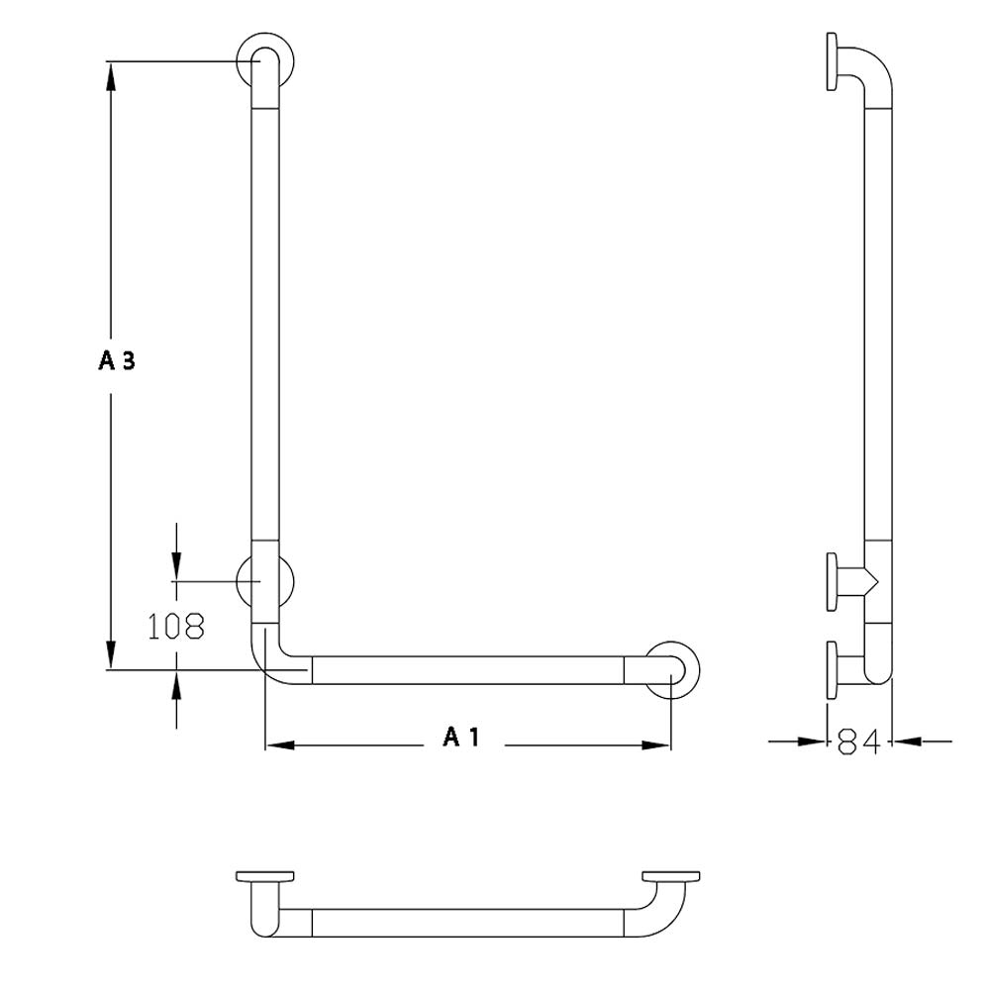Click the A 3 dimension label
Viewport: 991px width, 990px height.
click(116, 361)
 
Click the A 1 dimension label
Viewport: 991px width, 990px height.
click(460, 737)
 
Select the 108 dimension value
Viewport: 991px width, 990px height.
click(176, 626)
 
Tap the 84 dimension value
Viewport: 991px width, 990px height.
click(858, 741)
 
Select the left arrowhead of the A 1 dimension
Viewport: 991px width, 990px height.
click(279, 744)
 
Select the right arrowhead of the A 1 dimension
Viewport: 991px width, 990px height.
click(656, 744)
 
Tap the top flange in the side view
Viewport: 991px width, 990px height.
click(833, 62)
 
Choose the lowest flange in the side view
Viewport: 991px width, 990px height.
click(833, 670)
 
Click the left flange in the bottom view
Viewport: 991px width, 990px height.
click(265, 876)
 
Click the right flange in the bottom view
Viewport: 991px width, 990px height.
click(671, 876)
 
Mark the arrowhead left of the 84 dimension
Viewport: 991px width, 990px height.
click(814, 740)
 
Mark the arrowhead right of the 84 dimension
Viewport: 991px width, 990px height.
click(906, 740)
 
